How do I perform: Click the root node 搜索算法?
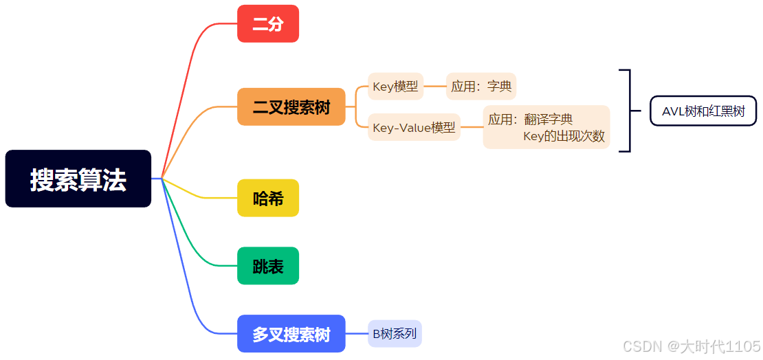(x=78, y=179)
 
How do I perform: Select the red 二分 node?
(x=268, y=24)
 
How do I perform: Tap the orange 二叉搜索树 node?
(x=291, y=107)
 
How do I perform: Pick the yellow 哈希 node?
(x=268, y=198)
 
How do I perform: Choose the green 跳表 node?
(x=268, y=266)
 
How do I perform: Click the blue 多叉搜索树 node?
(x=291, y=334)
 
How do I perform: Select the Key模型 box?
(x=395, y=87)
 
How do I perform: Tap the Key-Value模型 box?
(x=414, y=127)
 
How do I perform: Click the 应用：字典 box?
(x=481, y=87)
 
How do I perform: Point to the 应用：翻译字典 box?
(x=546, y=127)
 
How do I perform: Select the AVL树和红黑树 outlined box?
(x=703, y=111)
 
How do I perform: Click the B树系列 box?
(x=395, y=334)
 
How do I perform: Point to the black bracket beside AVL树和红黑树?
(x=628, y=111)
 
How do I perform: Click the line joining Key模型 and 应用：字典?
(x=434, y=87)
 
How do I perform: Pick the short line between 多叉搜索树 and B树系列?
(x=357, y=334)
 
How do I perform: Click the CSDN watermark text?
(x=692, y=346)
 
